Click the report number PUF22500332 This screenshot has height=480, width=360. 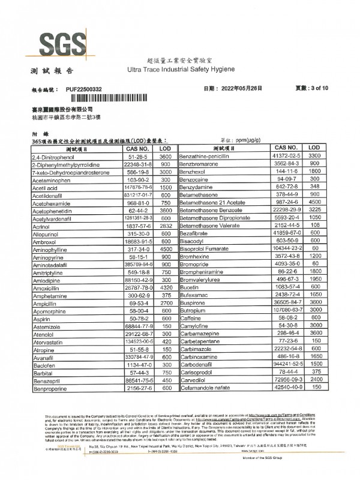click(84, 89)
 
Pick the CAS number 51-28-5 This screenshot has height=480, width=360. click(139, 155)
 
